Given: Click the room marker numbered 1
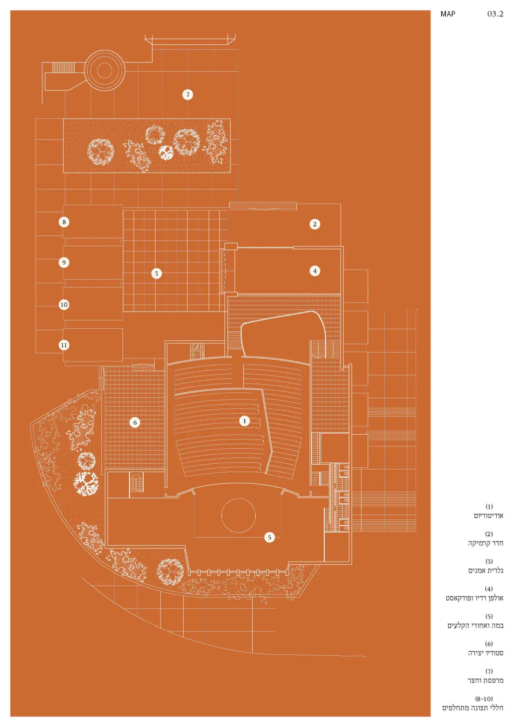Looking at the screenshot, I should (245, 421).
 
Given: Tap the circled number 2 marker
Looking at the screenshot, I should (315, 224).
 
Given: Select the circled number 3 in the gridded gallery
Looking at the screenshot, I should (156, 273).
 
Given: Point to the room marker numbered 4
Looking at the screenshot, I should (315, 271).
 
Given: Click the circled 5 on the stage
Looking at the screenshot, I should (269, 537).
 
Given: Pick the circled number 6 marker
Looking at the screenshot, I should (135, 422).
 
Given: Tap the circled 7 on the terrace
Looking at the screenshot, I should (188, 94).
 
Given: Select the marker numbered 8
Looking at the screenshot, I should (64, 222).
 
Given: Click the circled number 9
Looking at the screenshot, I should (64, 262).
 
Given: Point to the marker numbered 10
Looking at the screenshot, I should (64, 304).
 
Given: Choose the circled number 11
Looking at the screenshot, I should (64, 345).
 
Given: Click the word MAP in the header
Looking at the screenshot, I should (448, 14).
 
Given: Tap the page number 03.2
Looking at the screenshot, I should (495, 14).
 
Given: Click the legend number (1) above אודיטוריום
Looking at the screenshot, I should (489, 506).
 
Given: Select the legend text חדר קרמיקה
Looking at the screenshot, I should (485, 543).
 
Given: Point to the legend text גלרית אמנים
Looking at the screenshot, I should (485, 570).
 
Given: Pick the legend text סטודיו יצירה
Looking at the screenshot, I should (485, 653).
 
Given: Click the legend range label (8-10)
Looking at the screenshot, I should (483, 699).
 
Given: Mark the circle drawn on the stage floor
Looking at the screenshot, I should (238, 515).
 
